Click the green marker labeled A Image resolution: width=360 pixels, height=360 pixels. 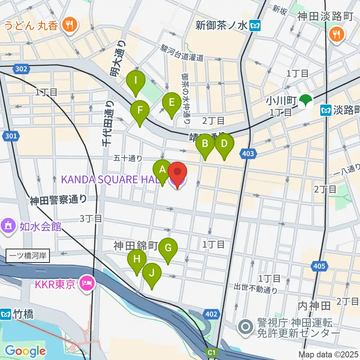162,169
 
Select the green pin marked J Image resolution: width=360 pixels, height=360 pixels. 152,273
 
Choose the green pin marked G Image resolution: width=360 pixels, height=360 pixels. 168,248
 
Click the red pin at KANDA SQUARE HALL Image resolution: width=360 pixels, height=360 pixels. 177,172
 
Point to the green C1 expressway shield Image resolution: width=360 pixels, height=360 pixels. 213,352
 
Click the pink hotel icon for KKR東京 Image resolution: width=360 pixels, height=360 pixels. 87,282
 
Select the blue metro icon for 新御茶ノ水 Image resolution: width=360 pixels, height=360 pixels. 256,25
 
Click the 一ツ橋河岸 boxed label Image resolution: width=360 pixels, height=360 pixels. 27,256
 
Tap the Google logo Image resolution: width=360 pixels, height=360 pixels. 25,351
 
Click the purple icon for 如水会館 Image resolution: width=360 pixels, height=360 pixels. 8,226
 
